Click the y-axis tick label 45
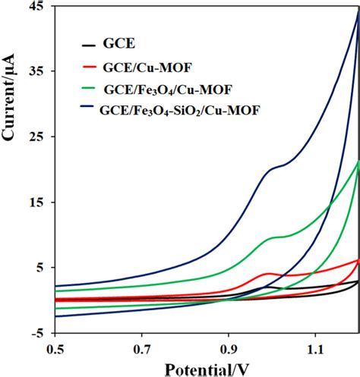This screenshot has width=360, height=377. (x=38, y=7)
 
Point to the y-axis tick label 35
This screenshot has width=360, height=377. (x=38, y=72)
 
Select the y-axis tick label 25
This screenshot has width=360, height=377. (x=38, y=137)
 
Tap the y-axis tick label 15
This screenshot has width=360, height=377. (x=38, y=203)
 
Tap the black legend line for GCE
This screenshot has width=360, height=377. (x=90, y=46)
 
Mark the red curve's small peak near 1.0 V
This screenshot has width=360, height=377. (x=267, y=273)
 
